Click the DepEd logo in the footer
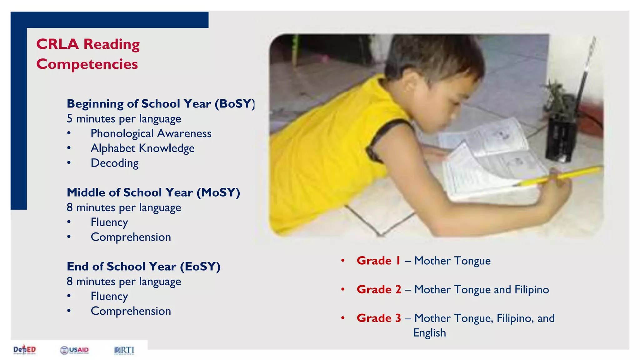[25, 350]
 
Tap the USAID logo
[74, 350]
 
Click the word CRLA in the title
[57, 44]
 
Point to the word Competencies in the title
[87, 64]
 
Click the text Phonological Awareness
[151, 133]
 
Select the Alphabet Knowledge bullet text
[142, 148]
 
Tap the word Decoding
[114, 163]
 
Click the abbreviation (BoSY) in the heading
[235, 104]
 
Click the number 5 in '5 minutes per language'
[69, 119]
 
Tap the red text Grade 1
[378, 261]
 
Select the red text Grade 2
[379, 289]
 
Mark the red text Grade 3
[379, 318]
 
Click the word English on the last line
[429, 333]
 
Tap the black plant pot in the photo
[560, 137]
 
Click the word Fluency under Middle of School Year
[109, 222]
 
